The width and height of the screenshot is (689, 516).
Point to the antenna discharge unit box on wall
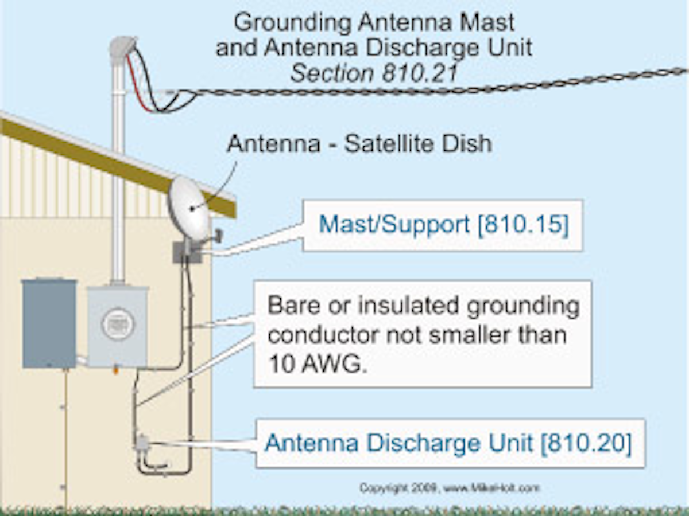142,444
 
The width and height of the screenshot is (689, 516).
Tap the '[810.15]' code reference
523,225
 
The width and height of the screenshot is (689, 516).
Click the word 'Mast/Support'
394,225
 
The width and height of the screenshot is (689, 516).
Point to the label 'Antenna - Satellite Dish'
359,144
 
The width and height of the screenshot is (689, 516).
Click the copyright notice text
449,488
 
